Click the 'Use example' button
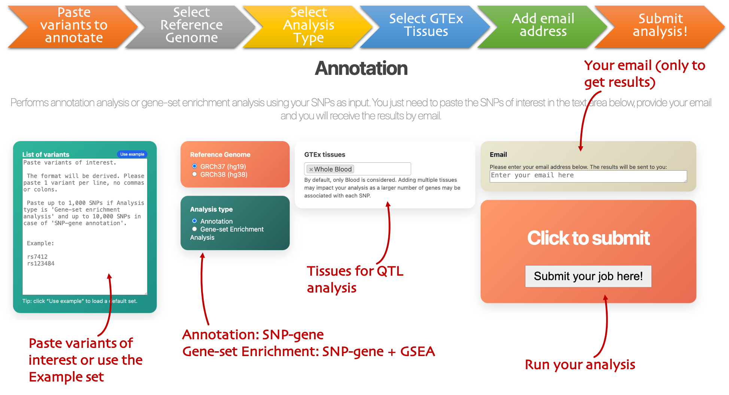pyautogui.click(x=132, y=154)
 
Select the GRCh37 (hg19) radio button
pyautogui.click(x=194, y=166)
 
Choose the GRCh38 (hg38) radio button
pyautogui.click(x=194, y=174)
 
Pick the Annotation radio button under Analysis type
pyautogui.click(x=194, y=221)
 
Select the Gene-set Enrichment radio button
pyautogui.click(x=194, y=229)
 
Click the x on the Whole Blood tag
pyautogui.click(x=311, y=169)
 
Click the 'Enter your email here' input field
pyautogui.click(x=588, y=176)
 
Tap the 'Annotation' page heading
pyautogui.click(x=361, y=68)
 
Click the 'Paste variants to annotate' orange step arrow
pyautogui.click(x=74, y=25)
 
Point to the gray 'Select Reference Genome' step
pyautogui.click(x=191, y=25)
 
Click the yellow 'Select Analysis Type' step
pyautogui.click(x=309, y=25)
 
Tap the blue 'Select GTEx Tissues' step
pyautogui.click(x=426, y=25)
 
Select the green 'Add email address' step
pyautogui.click(x=543, y=25)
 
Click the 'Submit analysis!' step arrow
pyautogui.click(x=660, y=25)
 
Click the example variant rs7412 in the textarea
pyautogui.click(x=37, y=257)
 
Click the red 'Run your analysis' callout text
pyautogui.click(x=580, y=365)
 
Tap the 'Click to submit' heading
pyautogui.click(x=588, y=238)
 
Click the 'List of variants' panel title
pyautogui.click(x=46, y=154)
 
